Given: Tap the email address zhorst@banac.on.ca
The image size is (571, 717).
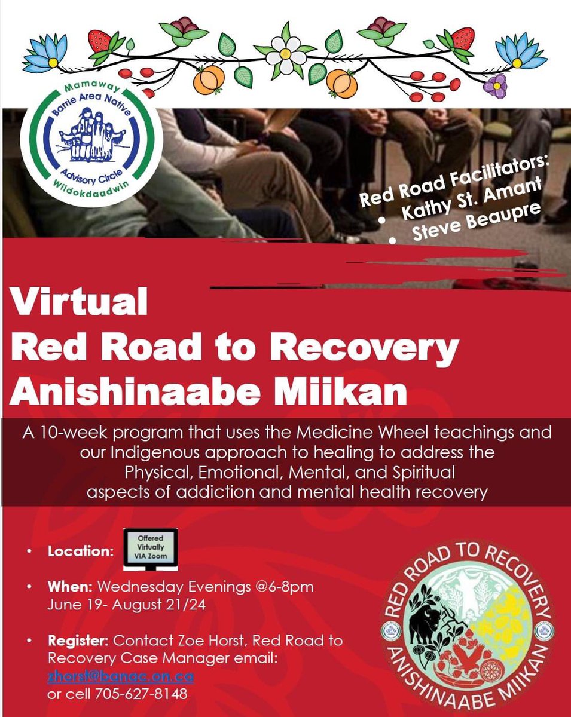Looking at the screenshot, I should point(121,678).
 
